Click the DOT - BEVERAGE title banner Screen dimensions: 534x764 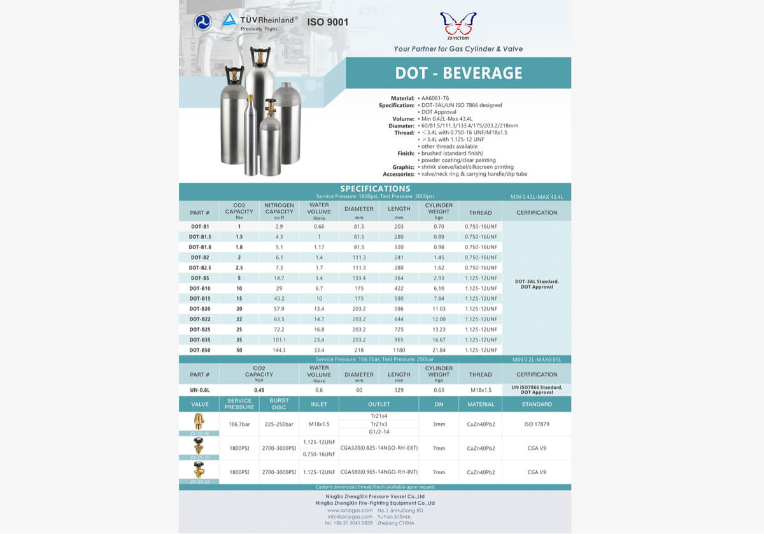(458, 73)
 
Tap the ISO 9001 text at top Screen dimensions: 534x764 (328, 22)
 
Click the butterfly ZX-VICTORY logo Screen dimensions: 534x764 (458, 25)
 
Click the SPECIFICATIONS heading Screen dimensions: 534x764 (375, 189)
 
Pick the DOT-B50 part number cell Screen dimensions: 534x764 (200, 350)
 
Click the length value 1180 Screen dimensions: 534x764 (399, 350)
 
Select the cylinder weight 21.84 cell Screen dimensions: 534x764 (439, 350)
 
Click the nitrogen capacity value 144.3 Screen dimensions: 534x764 (279, 350)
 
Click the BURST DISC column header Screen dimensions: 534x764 (279, 404)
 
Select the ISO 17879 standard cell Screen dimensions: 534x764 (536, 424)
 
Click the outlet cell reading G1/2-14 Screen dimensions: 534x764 (379, 432)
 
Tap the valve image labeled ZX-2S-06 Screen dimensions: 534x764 (200, 422)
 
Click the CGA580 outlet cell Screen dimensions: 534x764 (379, 472)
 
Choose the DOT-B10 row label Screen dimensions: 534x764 (200, 288)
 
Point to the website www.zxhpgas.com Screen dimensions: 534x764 (350, 510)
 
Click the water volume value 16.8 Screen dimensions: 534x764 (319, 329)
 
